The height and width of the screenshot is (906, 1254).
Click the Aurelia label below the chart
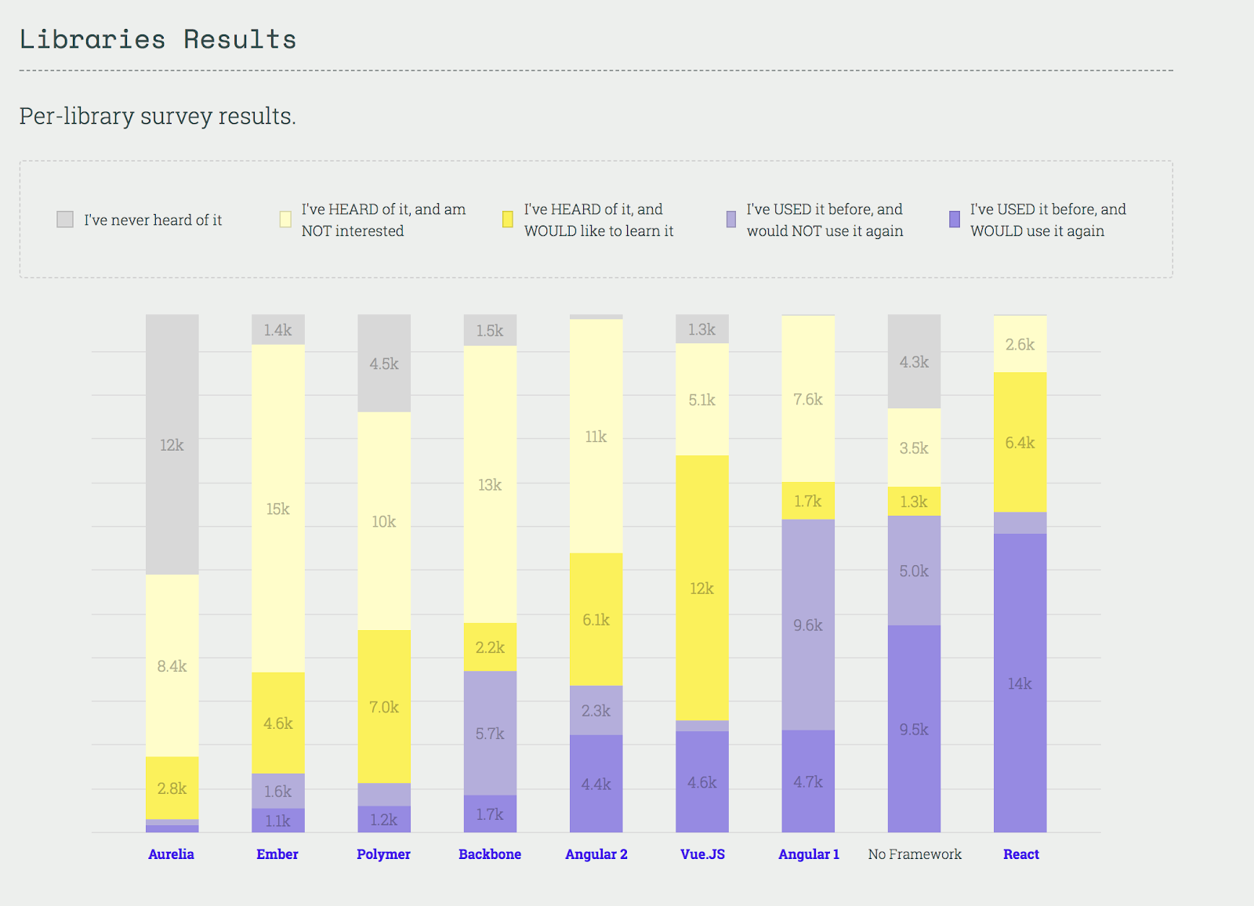click(171, 854)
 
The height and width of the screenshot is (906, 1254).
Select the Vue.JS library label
click(702, 854)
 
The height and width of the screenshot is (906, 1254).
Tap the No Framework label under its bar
click(915, 854)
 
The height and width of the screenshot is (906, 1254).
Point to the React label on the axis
click(1020, 854)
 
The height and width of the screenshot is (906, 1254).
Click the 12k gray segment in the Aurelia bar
click(172, 444)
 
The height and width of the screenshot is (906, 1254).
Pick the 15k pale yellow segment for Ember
click(277, 509)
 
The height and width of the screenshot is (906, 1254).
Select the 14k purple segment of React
click(1020, 683)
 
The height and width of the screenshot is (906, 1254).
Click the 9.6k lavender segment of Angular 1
click(807, 625)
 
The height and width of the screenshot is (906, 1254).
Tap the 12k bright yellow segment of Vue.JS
click(701, 588)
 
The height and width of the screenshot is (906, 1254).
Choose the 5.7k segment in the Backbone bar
click(490, 733)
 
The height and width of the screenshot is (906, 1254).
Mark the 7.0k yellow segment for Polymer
click(384, 707)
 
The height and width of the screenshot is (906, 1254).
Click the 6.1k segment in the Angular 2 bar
click(596, 619)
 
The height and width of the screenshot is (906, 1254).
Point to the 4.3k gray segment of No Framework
click(914, 362)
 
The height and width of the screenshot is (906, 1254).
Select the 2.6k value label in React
click(1020, 344)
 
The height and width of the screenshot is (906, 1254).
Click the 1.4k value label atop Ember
click(277, 330)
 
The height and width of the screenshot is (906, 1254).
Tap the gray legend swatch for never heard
click(65, 219)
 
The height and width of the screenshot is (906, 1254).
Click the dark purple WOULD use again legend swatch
click(954, 219)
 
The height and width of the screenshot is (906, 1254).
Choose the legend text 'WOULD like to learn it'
click(599, 231)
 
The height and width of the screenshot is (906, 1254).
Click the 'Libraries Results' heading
click(158, 39)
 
